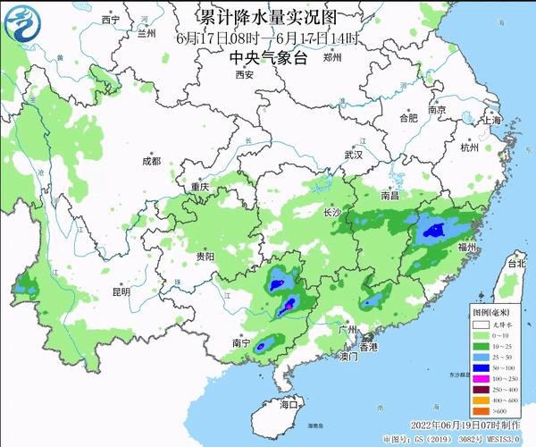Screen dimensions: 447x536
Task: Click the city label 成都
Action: click(x=151, y=161)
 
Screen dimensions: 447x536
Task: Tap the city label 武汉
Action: click(x=354, y=155)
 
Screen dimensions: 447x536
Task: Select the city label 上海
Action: click(x=490, y=119)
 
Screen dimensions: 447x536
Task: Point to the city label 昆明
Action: click(x=121, y=291)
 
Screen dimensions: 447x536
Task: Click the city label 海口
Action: click(x=287, y=405)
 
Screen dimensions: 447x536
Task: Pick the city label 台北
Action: click(x=517, y=265)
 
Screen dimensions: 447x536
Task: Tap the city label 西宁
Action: click(x=111, y=19)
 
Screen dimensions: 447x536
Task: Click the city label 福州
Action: click(x=467, y=246)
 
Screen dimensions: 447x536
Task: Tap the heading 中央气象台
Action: click(x=267, y=57)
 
